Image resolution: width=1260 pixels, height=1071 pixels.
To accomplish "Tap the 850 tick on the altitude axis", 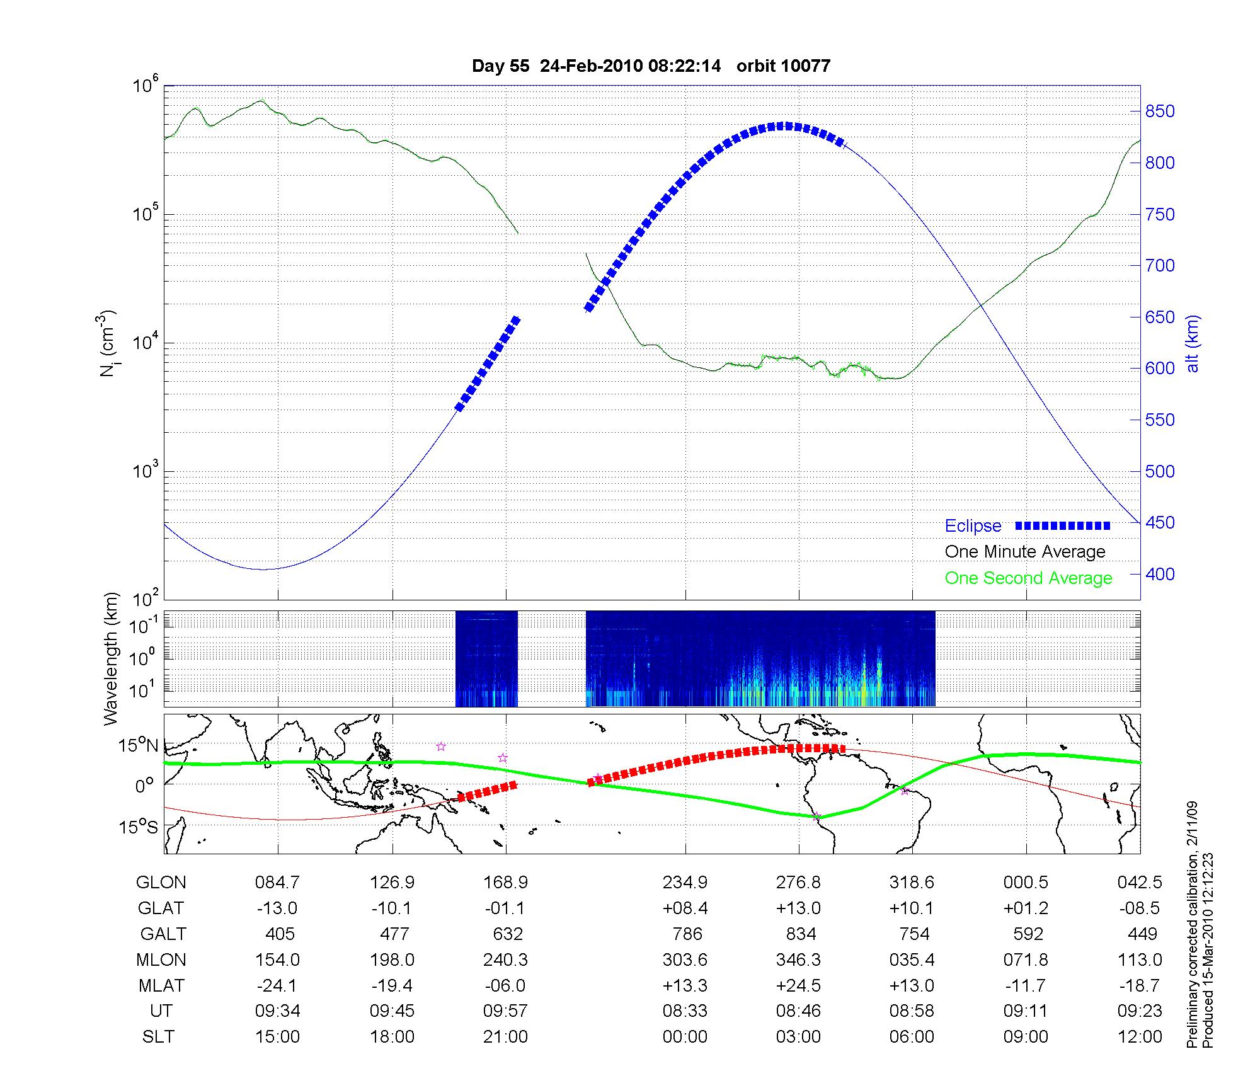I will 1160,112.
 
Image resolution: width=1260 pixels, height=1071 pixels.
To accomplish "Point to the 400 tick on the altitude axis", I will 1160,574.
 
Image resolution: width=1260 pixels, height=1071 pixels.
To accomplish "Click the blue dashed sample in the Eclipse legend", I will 1063,525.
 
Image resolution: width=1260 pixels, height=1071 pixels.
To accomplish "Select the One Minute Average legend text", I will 1025,552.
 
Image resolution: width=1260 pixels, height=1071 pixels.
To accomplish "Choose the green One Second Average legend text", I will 1028,578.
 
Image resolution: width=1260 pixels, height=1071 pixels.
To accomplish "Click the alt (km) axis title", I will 1193,343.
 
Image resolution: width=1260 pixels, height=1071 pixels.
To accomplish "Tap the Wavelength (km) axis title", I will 111,658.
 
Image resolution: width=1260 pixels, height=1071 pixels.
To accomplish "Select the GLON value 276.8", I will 798,882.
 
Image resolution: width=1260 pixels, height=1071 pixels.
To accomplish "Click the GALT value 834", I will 801,934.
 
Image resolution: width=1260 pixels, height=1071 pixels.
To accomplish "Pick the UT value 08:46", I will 798,1011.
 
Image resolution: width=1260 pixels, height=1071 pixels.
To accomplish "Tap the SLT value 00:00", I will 685,1037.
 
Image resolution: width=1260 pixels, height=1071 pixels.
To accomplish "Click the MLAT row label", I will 161,985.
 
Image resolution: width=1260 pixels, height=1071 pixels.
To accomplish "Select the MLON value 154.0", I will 277,959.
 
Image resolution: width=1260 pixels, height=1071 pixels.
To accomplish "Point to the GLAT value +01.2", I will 1026,908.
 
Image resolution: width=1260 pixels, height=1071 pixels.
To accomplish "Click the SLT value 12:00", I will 1140,1037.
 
